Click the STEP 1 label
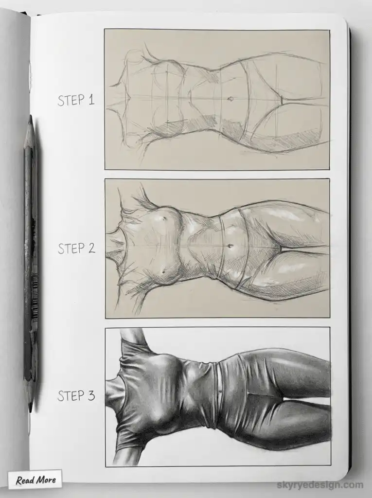click(75, 100)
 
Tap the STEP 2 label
click(76, 248)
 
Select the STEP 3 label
click(76, 396)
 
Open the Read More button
click(35, 480)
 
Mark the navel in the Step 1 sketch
click(230, 99)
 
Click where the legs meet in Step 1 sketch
click(281, 100)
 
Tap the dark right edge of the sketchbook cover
click(350, 243)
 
